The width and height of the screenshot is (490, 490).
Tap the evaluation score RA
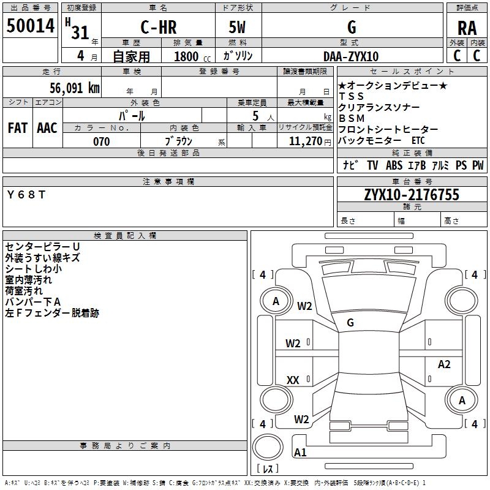point(467,28)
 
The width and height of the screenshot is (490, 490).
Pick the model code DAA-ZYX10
point(351,56)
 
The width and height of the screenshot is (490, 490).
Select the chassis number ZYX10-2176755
point(411,195)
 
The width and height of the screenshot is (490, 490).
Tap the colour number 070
point(101,141)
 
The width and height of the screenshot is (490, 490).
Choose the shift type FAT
point(17,127)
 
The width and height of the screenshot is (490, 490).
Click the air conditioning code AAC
point(47,127)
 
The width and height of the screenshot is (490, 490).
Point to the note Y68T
point(26,195)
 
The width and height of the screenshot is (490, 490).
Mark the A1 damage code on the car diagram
point(300,453)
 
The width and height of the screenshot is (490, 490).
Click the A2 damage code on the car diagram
point(444,364)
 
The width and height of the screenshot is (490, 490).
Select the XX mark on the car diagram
point(293,380)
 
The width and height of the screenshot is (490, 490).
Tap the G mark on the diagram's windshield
point(350,322)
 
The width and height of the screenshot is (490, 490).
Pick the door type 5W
point(239,28)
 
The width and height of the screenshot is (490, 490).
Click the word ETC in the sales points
point(418,140)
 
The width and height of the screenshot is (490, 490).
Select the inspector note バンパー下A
point(33,302)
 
